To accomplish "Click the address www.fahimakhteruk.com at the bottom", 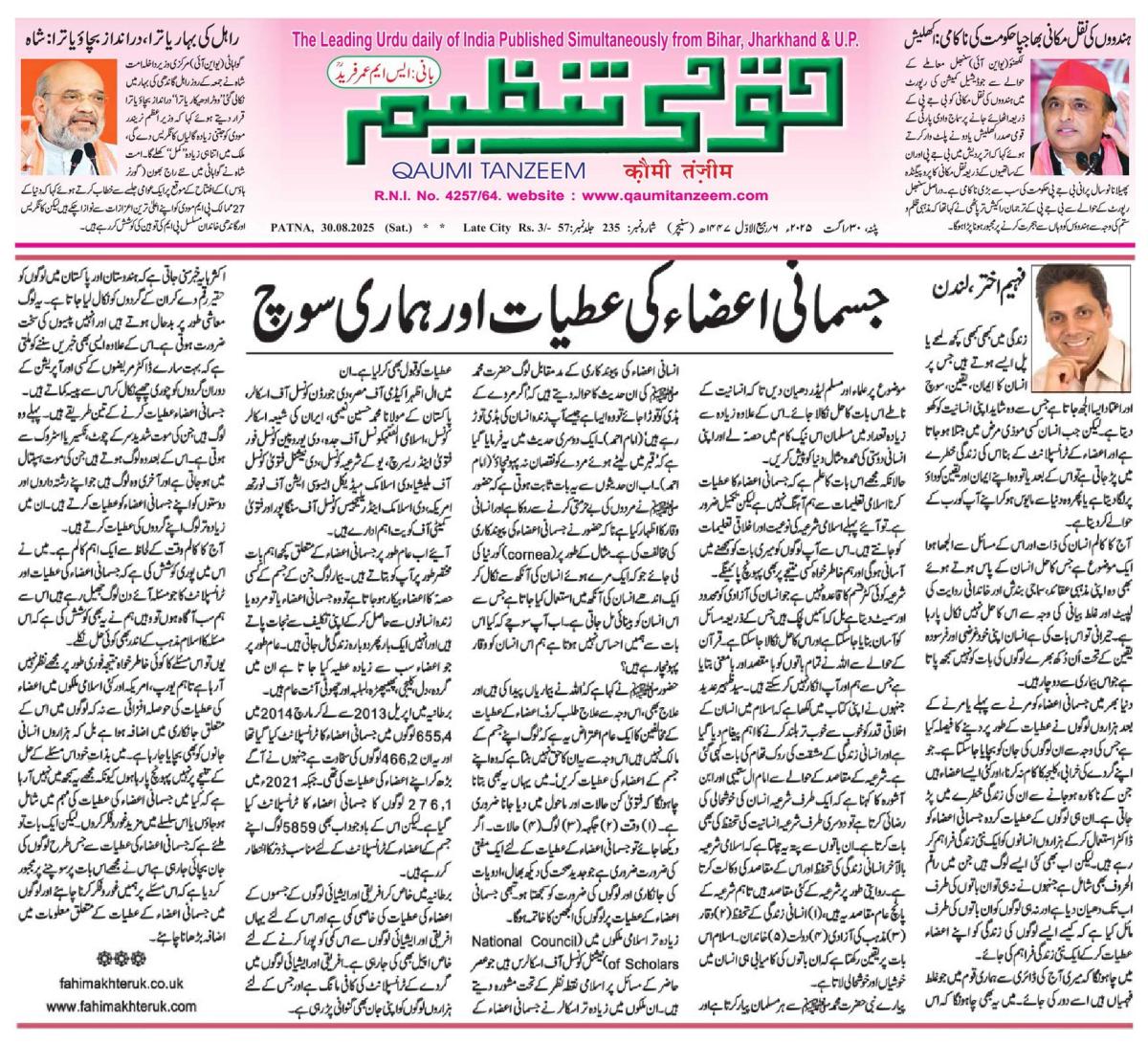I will [x=121, y=1006].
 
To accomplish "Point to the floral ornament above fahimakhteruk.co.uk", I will [x=119, y=957].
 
